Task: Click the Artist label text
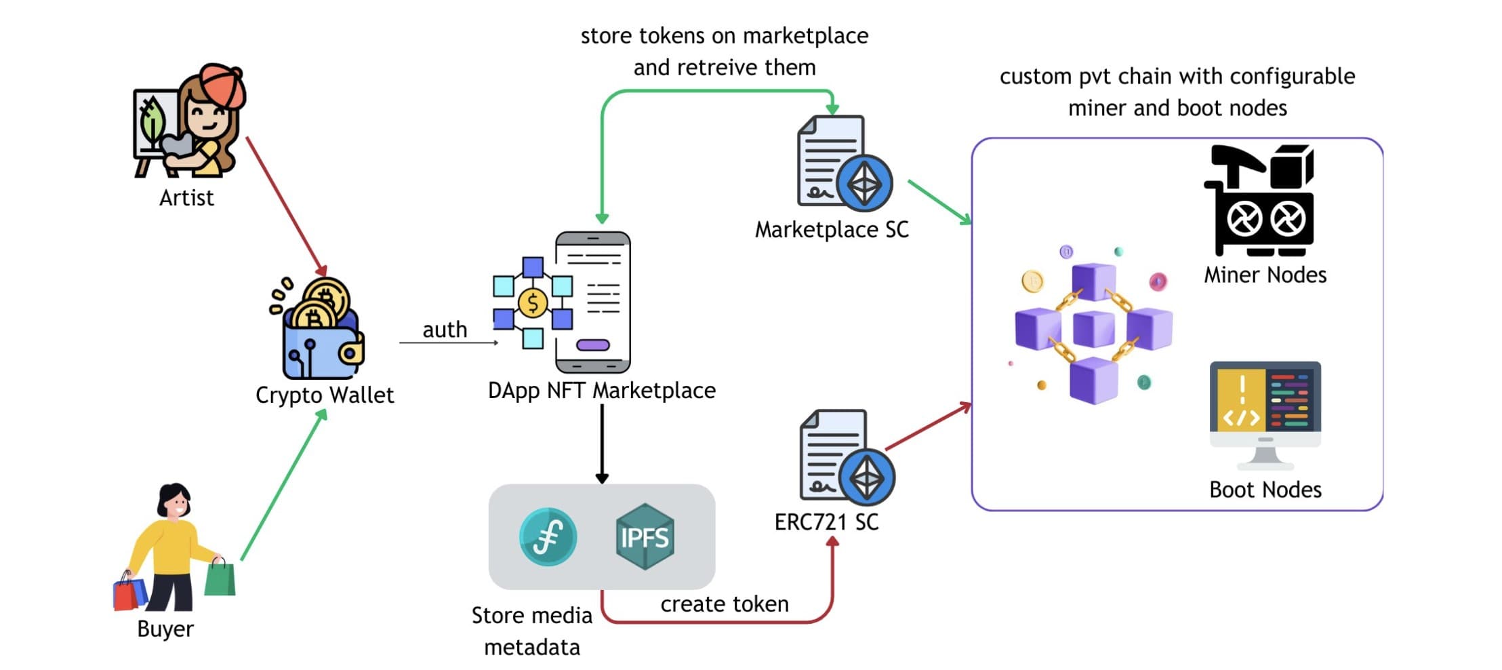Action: tap(186, 198)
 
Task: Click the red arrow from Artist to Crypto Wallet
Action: tap(285, 203)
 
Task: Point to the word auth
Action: tap(445, 330)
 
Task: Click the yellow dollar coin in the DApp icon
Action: tap(533, 302)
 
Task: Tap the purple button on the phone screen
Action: tap(592, 345)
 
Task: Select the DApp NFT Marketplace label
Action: tap(601, 391)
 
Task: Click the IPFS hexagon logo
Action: tap(644, 536)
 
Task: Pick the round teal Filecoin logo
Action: tap(548, 536)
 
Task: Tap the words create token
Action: tap(724, 604)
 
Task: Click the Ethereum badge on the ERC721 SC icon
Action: tap(866, 477)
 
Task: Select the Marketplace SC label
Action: tap(831, 230)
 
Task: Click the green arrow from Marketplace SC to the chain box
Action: tap(939, 202)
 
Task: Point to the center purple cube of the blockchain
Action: tap(1093, 328)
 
